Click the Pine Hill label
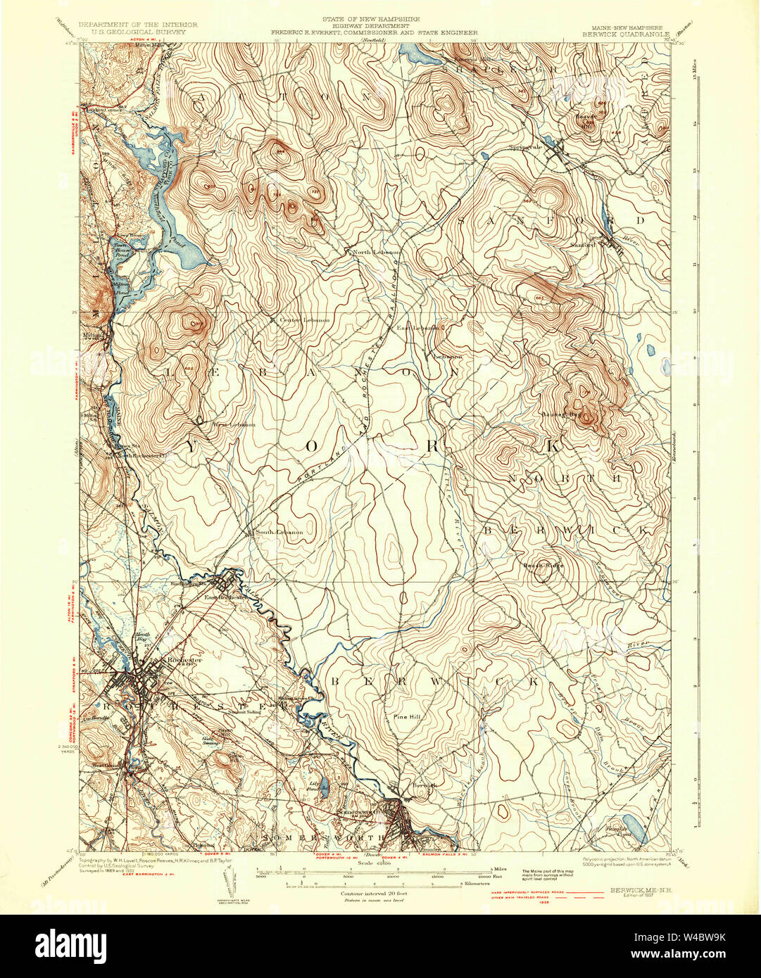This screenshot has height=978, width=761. point(405,717)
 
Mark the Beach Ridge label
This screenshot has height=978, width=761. point(543,566)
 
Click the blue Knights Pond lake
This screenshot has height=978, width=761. point(636,830)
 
